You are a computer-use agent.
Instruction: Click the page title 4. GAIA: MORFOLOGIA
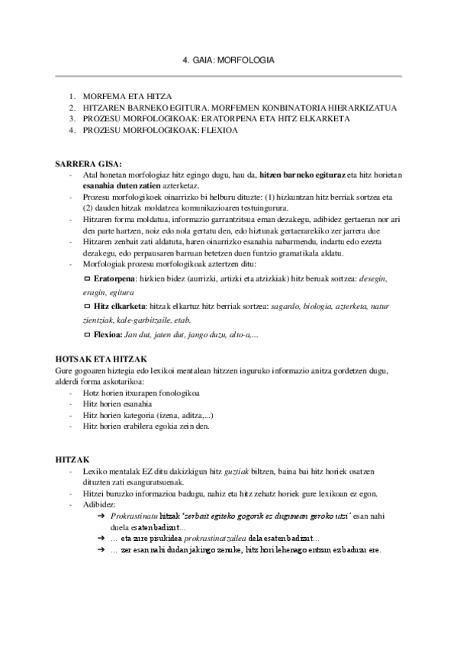coord(229,60)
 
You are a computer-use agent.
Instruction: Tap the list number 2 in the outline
coord(72,108)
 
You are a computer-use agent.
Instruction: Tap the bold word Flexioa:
coord(108,334)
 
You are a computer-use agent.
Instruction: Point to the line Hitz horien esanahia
coord(117,404)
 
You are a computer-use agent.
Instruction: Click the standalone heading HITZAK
coord(73,461)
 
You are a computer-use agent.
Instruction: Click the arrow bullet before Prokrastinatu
coord(101,517)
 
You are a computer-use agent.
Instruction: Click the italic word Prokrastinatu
coord(134,517)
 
